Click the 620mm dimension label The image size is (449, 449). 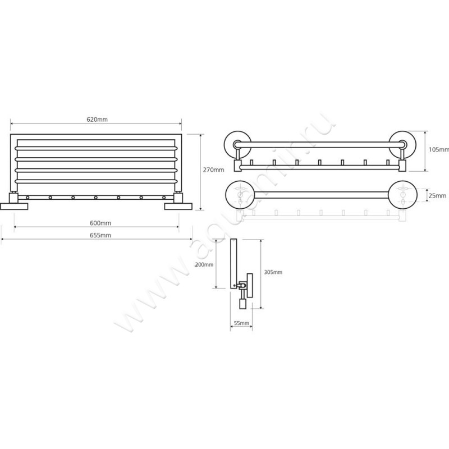coord(97,120)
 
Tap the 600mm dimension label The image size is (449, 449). coord(100,223)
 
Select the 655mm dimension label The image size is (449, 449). coord(100,235)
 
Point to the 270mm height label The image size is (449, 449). coord(214,170)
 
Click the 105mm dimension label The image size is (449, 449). coord(439,149)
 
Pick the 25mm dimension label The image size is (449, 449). coord(437,195)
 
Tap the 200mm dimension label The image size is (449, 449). coord(204,264)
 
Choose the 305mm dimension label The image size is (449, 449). coord(273,272)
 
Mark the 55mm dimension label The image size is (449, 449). coord(241,323)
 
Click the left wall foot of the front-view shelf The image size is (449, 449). coord(14,206)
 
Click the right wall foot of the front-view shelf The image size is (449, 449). coord(178,206)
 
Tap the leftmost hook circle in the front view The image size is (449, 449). coord(28,198)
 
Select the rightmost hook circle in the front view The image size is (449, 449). coord(164,198)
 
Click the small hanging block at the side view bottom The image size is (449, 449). coord(242,303)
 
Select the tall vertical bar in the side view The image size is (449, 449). coord(233,263)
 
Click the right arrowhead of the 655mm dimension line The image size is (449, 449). coord(191,239)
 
